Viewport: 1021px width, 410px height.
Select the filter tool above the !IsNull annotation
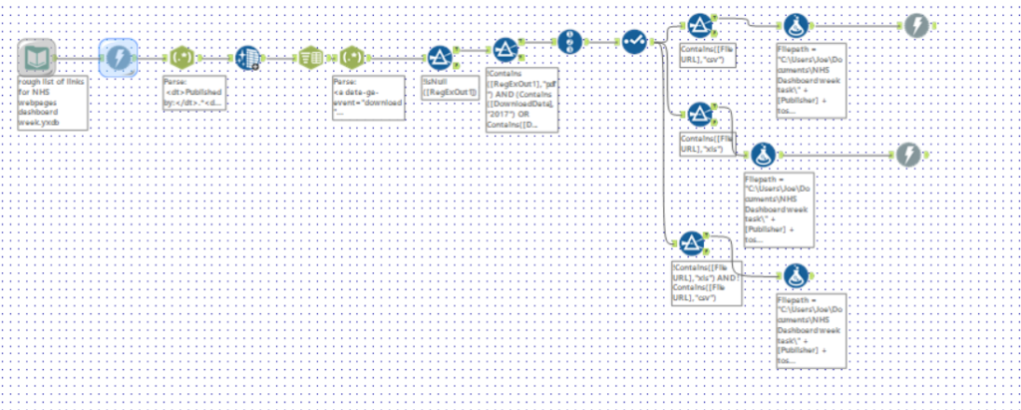pos(441,58)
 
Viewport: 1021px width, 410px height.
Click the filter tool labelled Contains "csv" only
pos(700,26)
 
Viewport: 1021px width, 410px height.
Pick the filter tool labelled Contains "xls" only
pos(700,113)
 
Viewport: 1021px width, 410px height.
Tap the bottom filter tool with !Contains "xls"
pos(690,242)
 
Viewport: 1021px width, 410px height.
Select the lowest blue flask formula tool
pos(795,274)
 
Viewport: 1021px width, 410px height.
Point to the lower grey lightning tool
pos(907,154)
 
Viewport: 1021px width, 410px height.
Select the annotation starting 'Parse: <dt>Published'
pos(197,98)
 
